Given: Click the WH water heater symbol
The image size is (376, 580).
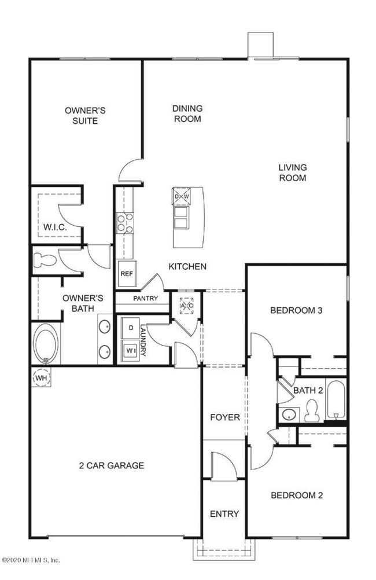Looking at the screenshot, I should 40,378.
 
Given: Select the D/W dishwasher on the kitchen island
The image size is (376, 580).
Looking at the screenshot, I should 182,197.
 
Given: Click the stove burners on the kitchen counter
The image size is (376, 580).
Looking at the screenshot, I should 126,223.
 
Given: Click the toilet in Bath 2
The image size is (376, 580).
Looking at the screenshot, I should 312,409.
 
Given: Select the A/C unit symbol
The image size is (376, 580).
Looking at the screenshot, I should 186,305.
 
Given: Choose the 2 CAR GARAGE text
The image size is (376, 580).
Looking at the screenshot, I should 111,465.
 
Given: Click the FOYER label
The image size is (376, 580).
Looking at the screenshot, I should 224,417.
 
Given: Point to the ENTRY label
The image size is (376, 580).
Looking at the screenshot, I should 224,513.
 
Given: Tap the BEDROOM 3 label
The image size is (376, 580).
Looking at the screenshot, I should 296,310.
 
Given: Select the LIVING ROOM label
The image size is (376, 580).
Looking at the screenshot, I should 292,172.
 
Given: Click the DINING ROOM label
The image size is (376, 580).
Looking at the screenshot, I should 186,113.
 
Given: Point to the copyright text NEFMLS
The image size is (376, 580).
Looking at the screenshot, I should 31,560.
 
